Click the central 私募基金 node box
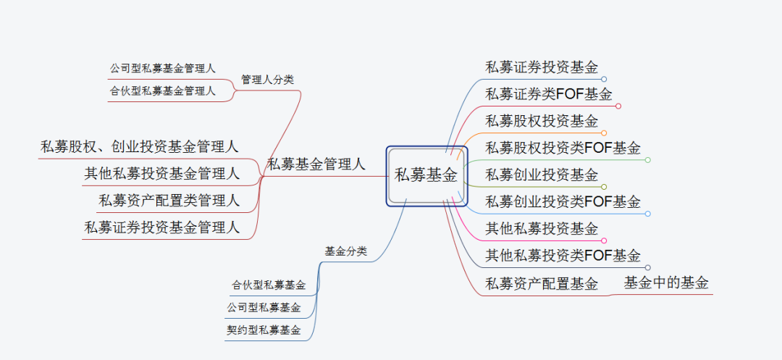pyautogui.click(x=426, y=175)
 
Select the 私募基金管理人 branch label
pyautogui.click(x=316, y=164)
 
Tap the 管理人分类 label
pyautogui.click(x=267, y=80)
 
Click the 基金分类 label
pyautogui.click(x=345, y=251)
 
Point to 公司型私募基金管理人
pyautogui.click(x=162, y=69)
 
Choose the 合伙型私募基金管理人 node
pyautogui.click(x=162, y=91)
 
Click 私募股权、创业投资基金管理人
pyautogui.click(x=140, y=147)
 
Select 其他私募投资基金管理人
pyautogui.click(x=161, y=173)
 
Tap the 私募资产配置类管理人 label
pyautogui.click(x=169, y=200)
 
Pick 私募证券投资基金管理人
pyautogui.click(x=161, y=227)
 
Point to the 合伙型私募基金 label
pyautogui.click(x=269, y=285)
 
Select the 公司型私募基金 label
pyautogui.click(x=264, y=308)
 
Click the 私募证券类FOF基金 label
pyautogui.click(x=549, y=94)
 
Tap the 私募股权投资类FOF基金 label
pyautogui.click(x=563, y=148)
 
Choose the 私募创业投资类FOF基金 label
pyautogui.click(x=563, y=201)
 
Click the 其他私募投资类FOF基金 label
pyautogui.click(x=563, y=255)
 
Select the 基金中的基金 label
pyautogui.click(x=666, y=283)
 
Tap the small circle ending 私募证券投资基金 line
pyautogui.click(x=604, y=79)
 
